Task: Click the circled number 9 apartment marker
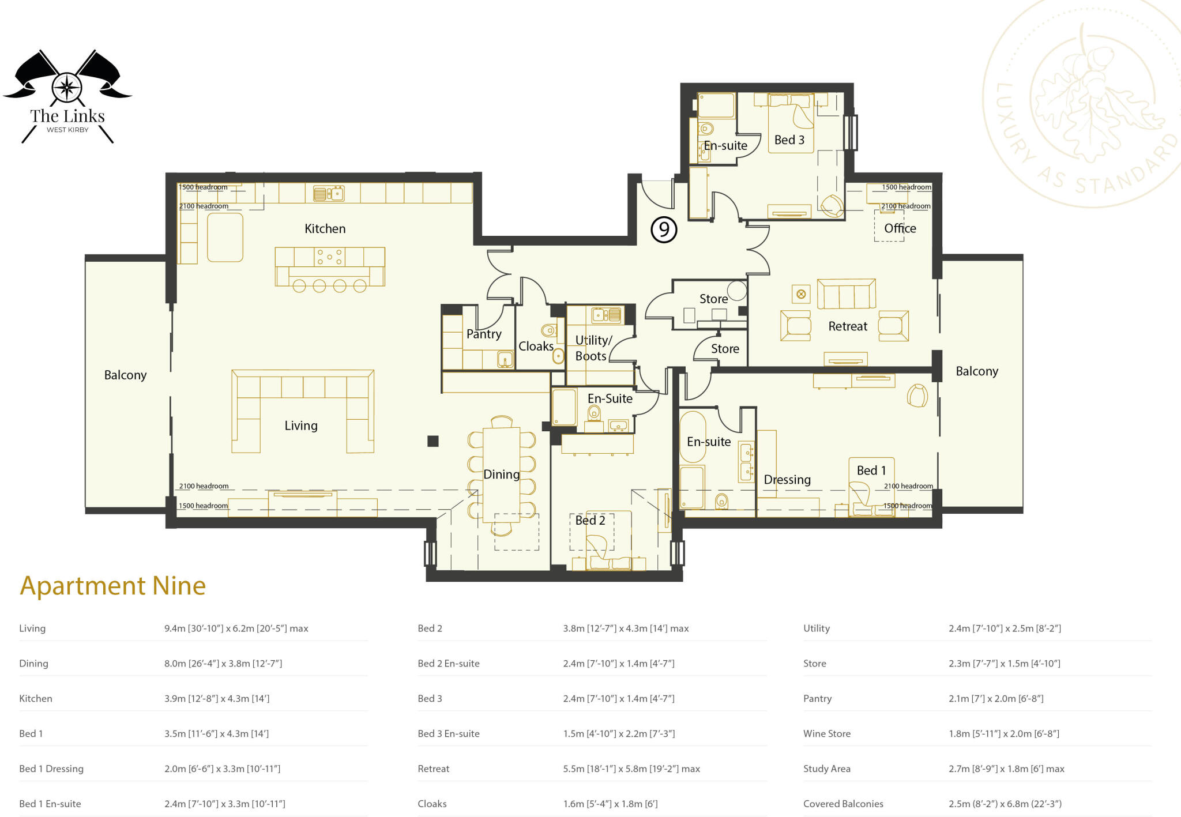click(x=664, y=230)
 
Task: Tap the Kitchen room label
click(x=325, y=229)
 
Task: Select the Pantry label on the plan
click(x=483, y=334)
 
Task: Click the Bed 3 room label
click(x=789, y=140)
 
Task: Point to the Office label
click(x=900, y=228)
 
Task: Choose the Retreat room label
click(x=847, y=327)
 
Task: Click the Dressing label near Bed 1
click(x=787, y=480)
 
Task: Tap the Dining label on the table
click(x=501, y=475)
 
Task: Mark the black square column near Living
click(x=433, y=441)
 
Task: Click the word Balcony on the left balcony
click(x=125, y=375)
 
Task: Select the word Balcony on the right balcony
click(x=976, y=371)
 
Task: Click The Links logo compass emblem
click(x=67, y=88)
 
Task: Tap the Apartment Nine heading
click(x=113, y=586)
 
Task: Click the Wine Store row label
click(x=826, y=734)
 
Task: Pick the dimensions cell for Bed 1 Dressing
click(x=222, y=769)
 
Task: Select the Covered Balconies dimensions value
click(x=1005, y=804)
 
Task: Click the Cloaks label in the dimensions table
click(x=432, y=804)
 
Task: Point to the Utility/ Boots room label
click(x=592, y=348)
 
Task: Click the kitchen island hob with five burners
click(x=329, y=257)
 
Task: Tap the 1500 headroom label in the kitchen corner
click(x=202, y=187)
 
